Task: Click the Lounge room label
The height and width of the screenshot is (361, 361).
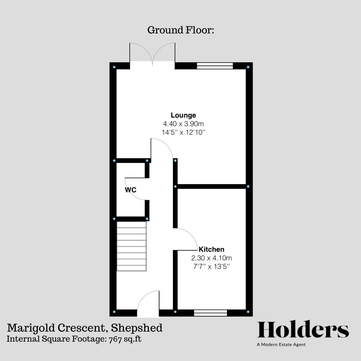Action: (183, 115)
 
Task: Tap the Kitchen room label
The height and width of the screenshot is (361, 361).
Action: (212, 249)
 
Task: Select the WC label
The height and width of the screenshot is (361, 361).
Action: (130, 190)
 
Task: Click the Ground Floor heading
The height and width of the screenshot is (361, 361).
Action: (180, 30)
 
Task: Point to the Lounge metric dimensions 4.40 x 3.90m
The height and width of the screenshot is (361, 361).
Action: (183, 124)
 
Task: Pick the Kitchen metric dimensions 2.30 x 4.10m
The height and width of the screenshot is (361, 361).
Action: (211, 258)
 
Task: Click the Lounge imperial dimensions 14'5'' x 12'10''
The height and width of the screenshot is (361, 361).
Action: (183, 132)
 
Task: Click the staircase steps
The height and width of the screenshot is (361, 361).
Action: (131, 247)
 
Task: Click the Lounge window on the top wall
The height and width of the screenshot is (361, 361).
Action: (215, 66)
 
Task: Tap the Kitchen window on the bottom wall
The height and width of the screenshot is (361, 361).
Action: (210, 313)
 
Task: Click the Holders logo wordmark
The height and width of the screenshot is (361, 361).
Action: (303, 330)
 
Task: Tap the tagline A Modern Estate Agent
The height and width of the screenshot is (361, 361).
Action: (281, 345)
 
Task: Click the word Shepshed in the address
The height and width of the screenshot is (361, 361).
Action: (137, 328)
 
